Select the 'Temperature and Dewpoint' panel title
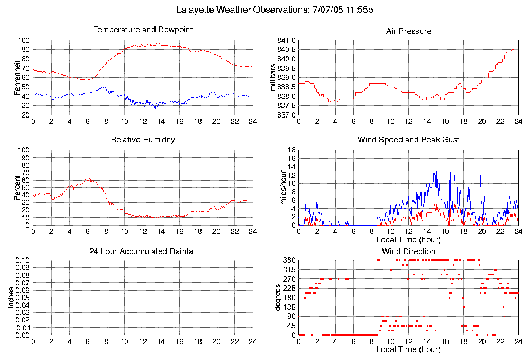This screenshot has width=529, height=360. [143, 30]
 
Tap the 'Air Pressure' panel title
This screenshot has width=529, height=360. [408, 31]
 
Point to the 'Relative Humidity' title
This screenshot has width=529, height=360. [143, 140]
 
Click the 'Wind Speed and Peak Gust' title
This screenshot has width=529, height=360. [408, 140]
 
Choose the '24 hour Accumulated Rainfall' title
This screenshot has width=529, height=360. [143, 251]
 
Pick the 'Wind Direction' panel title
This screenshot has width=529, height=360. [408, 251]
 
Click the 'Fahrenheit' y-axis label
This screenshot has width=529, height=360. [17, 77]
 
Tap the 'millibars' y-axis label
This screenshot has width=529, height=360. [273, 77]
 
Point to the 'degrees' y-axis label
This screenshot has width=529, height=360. [278, 298]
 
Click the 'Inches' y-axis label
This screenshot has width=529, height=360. [11, 298]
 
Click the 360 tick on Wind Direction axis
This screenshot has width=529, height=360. [288, 260]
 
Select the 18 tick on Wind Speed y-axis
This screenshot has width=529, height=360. [290, 150]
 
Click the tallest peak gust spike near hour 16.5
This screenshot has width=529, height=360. [450, 159]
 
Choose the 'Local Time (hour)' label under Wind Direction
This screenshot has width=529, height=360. [408, 350]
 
